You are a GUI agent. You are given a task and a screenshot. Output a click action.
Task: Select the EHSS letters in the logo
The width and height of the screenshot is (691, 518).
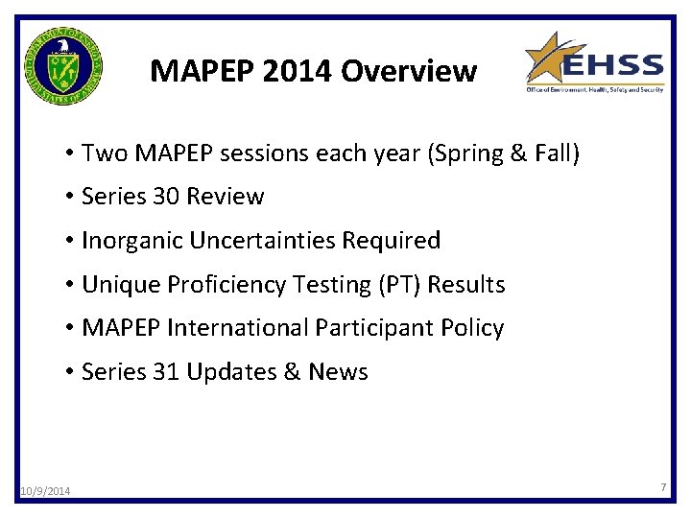click(x=611, y=67)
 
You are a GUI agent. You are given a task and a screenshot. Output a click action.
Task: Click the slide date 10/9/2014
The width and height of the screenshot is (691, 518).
click(x=44, y=492)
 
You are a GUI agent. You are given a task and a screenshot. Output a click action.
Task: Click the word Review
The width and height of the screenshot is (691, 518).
click(x=226, y=197)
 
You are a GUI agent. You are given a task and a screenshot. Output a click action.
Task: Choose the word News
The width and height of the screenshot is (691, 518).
click(x=338, y=372)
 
